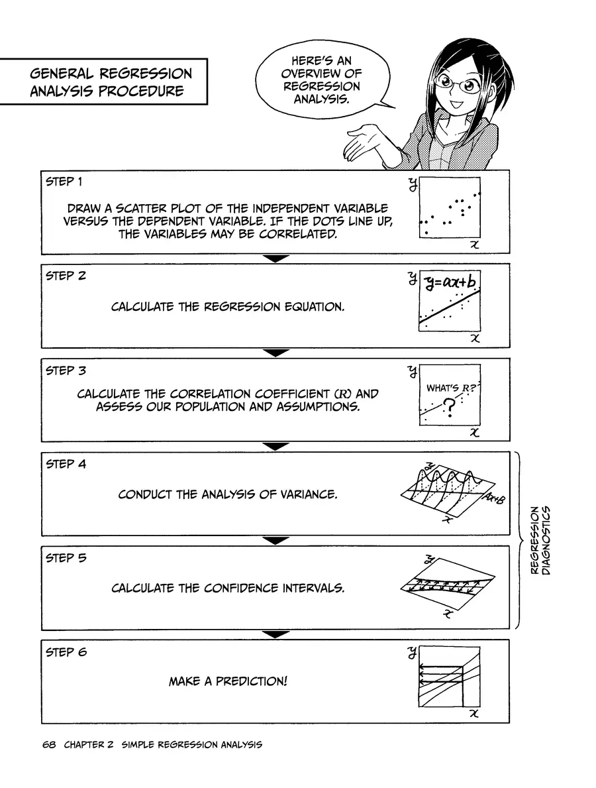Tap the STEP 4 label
(x=66, y=464)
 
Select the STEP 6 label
(x=66, y=652)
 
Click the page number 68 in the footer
(x=48, y=744)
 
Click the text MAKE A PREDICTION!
(x=228, y=681)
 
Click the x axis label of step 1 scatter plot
(x=473, y=245)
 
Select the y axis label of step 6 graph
(x=412, y=652)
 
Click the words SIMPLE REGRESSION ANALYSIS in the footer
(x=192, y=744)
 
